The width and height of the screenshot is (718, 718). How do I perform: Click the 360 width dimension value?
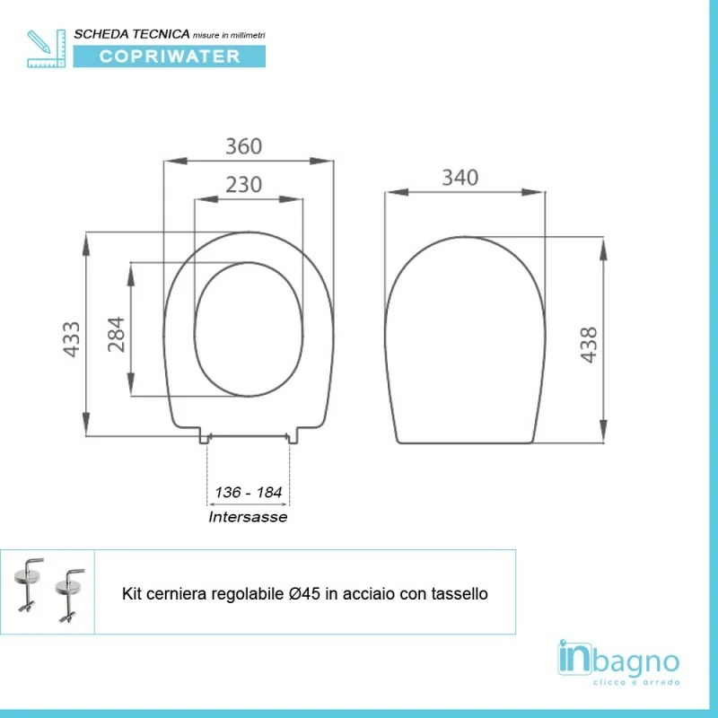coord(243,146)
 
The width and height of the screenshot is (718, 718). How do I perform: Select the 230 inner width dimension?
coord(243,185)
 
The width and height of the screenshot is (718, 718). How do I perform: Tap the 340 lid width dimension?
coord(460,178)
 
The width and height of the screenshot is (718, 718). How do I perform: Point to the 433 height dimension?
coord(72,339)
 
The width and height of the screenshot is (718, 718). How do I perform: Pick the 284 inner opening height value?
coord(116,334)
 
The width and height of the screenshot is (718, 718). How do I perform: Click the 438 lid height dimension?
coord(589,345)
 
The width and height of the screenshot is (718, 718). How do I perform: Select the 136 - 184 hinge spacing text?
coord(249,492)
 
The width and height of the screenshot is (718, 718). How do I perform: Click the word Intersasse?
coord(248,517)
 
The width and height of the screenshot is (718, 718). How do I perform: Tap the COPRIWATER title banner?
coord(170,57)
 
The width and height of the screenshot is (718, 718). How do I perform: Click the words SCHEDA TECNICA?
coord(132,34)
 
